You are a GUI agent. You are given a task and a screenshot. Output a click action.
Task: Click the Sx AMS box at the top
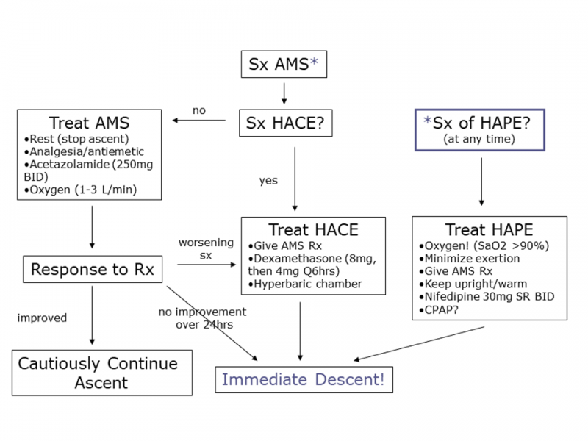coord(284,64)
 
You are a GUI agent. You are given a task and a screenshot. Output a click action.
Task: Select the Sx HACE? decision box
coord(285,124)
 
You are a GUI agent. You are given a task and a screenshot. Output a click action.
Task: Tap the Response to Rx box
coord(92,270)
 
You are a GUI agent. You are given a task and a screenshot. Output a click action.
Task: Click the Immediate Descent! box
coord(303,380)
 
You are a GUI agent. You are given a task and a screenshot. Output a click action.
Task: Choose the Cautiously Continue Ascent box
coord(102,373)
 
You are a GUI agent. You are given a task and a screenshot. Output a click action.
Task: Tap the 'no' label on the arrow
coord(199,110)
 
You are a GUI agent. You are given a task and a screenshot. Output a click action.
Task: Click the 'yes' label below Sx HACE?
coord(268,180)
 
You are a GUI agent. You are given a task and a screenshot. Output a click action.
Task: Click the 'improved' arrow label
coord(42,318)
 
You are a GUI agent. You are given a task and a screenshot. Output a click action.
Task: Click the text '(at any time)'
coord(479,139)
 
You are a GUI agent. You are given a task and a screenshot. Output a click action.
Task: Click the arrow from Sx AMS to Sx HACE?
coord(284,93)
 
